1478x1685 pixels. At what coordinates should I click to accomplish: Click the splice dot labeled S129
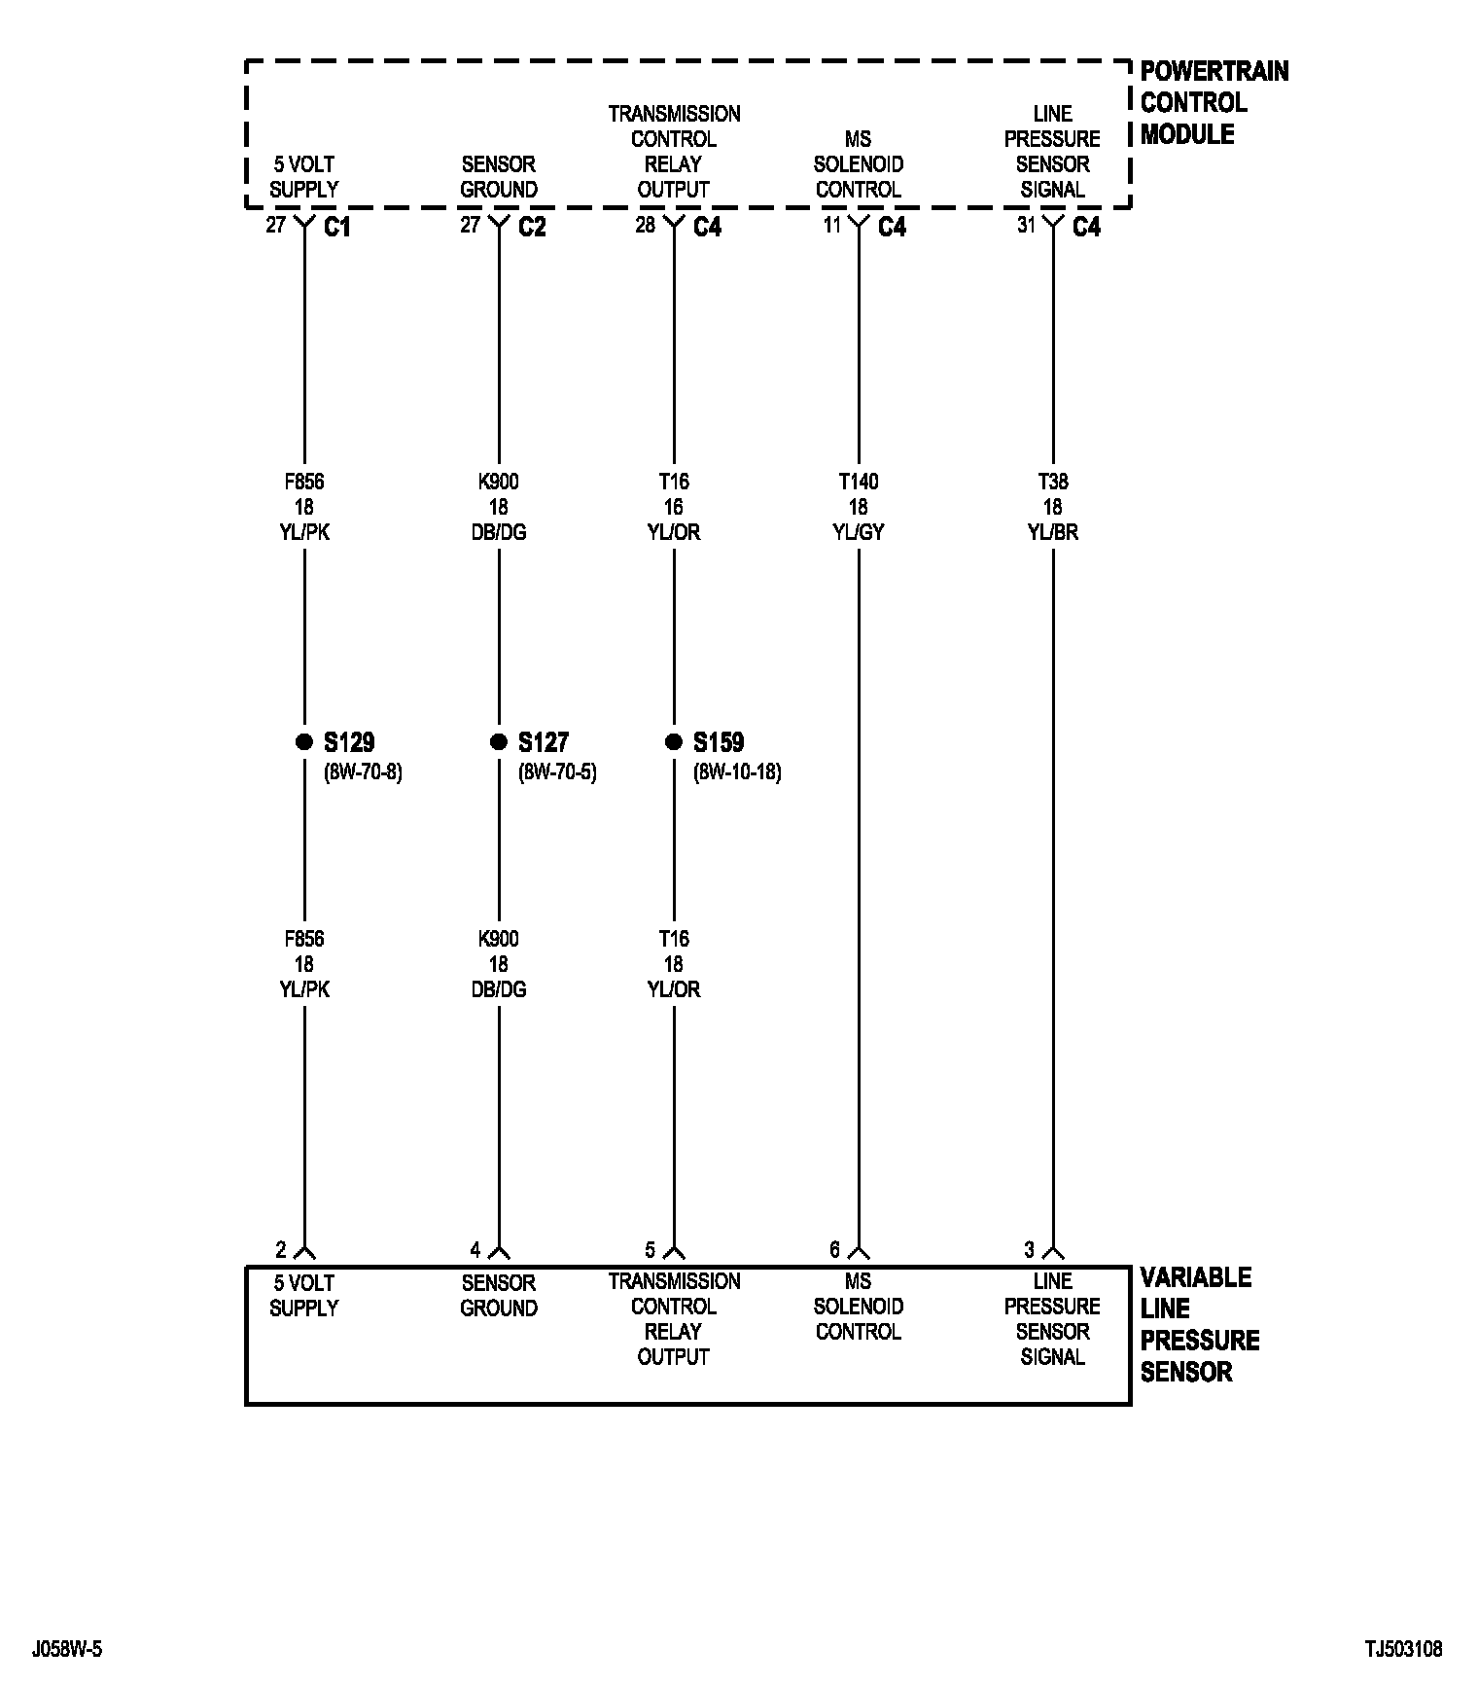[304, 742]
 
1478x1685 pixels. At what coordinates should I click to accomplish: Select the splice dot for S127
[499, 742]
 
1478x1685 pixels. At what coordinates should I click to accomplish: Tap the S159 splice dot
[674, 742]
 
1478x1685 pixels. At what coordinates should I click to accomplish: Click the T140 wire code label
[859, 482]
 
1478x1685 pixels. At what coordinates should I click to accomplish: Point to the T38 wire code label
[1053, 482]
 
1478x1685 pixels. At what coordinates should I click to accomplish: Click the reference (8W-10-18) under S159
[737, 772]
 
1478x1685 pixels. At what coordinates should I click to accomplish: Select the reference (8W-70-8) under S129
[363, 772]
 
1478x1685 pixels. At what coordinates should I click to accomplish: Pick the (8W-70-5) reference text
[557, 772]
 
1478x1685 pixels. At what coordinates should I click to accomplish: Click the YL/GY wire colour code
[859, 532]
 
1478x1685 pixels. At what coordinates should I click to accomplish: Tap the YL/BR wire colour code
[1053, 532]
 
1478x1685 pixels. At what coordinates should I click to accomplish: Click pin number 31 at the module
[1027, 226]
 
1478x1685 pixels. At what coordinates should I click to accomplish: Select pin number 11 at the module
[832, 226]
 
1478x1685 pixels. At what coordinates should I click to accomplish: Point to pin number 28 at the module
[646, 226]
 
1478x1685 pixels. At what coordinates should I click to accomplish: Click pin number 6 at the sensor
[834, 1250]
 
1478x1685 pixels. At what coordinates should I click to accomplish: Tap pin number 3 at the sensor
[1029, 1250]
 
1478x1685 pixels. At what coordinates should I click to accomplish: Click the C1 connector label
[337, 228]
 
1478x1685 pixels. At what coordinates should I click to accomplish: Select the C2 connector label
[532, 228]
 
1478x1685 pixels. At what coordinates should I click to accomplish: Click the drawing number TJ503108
[1403, 1649]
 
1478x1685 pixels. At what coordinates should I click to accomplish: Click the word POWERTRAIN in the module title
[1214, 71]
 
